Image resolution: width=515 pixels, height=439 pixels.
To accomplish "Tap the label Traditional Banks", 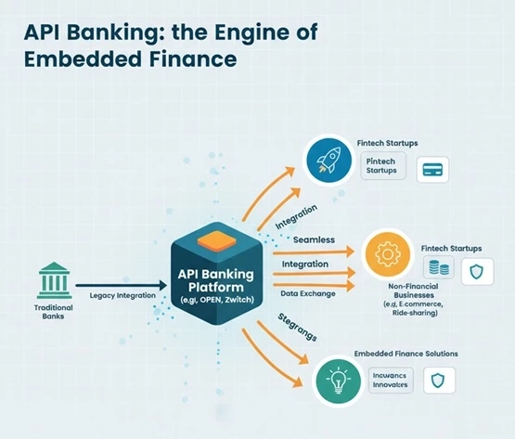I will tap(53, 311).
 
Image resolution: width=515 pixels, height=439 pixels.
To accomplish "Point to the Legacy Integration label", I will tap(122, 295).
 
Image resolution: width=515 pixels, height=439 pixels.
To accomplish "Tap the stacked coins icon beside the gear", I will tap(438, 269).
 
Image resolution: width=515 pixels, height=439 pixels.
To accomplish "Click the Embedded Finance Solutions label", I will tap(405, 354).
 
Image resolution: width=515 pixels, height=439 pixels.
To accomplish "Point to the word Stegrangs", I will tap(298, 328).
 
